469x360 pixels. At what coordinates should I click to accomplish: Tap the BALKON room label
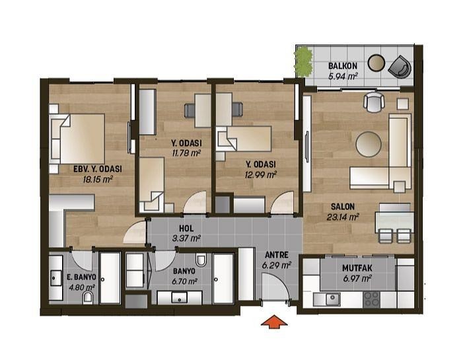click(343, 66)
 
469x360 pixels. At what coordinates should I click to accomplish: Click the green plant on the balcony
click(303, 61)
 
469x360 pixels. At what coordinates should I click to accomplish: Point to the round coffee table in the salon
click(368, 143)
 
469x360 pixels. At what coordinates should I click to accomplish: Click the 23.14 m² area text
click(342, 215)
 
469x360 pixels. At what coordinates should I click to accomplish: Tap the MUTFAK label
click(357, 269)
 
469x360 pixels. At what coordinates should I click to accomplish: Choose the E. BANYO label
click(65, 277)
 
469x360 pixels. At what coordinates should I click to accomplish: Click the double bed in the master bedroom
click(79, 138)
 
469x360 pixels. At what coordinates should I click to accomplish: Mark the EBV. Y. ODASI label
click(96, 168)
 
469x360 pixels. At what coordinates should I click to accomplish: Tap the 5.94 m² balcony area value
click(343, 77)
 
